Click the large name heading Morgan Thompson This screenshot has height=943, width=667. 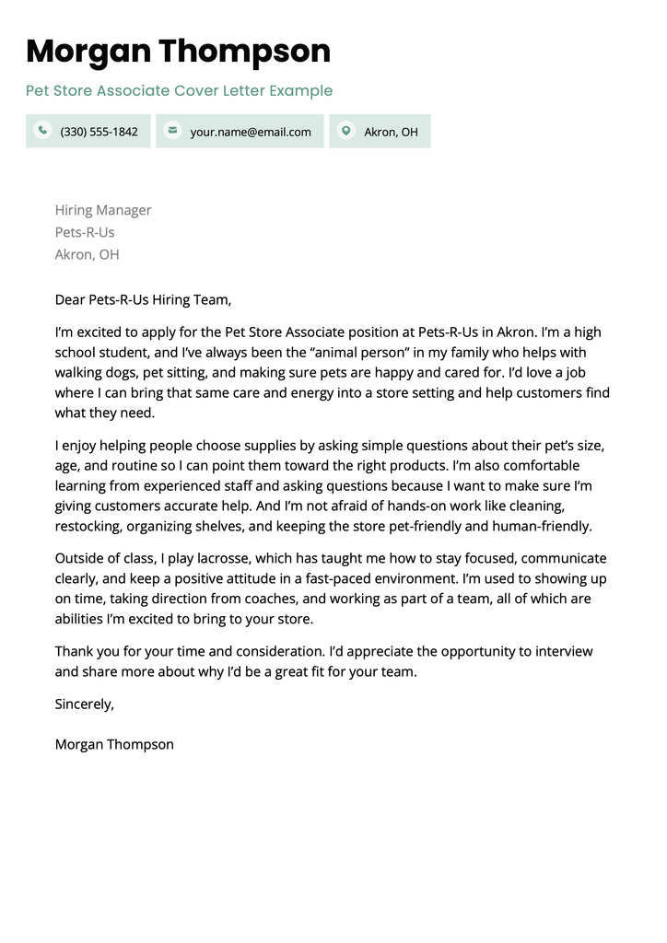click(178, 51)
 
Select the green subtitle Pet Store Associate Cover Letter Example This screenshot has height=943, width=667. click(179, 90)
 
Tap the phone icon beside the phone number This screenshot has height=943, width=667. click(41, 131)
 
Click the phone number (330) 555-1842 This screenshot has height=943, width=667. click(99, 132)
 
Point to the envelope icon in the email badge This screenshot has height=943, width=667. click(171, 131)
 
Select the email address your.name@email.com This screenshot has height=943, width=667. click(251, 132)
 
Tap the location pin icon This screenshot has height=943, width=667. click(345, 131)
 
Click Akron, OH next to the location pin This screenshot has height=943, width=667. click(391, 132)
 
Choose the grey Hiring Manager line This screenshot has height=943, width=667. click(103, 210)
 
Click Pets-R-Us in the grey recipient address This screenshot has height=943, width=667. click(85, 232)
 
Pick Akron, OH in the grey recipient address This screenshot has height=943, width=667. click(87, 254)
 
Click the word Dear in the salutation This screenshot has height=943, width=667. click(70, 299)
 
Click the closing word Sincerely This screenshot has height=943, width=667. click(84, 704)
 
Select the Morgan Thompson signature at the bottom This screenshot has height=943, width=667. click(114, 744)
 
